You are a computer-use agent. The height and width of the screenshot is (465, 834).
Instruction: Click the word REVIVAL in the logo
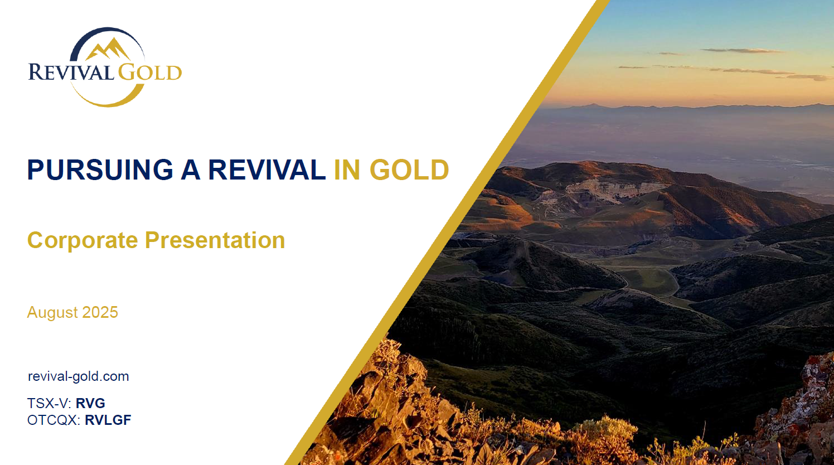(x=71, y=72)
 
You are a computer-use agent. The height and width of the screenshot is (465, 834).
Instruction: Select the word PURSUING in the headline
(x=100, y=169)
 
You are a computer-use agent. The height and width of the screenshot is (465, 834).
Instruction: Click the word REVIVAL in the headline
(x=266, y=169)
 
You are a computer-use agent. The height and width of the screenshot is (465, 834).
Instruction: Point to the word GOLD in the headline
(x=409, y=169)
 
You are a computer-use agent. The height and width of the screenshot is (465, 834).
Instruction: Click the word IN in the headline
(x=347, y=169)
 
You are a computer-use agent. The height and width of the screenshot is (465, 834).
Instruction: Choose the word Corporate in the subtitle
(x=83, y=240)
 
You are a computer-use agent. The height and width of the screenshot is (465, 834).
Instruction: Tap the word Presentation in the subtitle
(x=215, y=240)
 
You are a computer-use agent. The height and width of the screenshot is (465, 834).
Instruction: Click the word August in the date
(x=52, y=313)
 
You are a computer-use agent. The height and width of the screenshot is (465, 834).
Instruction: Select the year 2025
(x=100, y=312)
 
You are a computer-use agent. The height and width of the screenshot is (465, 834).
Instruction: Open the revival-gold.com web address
(x=79, y=376)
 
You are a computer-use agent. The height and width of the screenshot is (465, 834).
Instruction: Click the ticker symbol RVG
(x=90, y=403)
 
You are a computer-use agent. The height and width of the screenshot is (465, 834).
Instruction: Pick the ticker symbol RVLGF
(x=108, y=420)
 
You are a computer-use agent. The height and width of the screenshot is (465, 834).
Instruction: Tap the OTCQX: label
(x=54, y=420)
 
